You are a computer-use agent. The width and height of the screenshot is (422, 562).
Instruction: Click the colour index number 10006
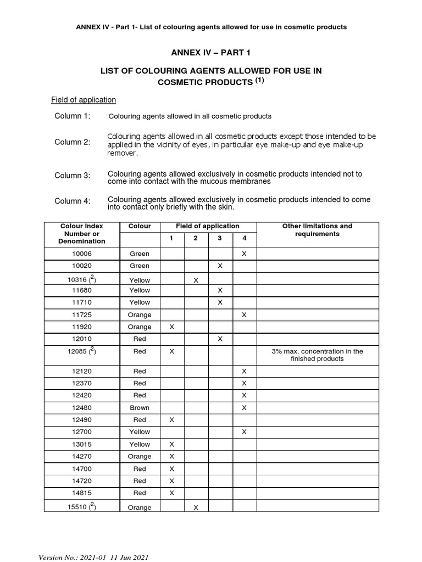pyautogui.click(x=82, y=254)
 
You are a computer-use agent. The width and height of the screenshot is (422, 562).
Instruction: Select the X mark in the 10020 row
pyautogui.click(x=220, y=266)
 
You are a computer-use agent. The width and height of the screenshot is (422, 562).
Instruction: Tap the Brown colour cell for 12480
pyautogui.click(x=139, y=408)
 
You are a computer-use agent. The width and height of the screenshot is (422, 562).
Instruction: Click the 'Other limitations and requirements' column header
pyautogui.click(x=317, y=230)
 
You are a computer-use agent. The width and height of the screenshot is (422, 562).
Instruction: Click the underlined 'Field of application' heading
pyautogui.click(x=84, y=100)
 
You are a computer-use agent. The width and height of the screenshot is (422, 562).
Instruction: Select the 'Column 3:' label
pyautogui.click(x=73, y=176)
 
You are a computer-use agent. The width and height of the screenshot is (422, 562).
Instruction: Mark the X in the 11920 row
pyautogui.click(x=171, y=327)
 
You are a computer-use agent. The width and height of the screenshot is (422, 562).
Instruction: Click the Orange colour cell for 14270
pyautogui.click(x=139, y=457)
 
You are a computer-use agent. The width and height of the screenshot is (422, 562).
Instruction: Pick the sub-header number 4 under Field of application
pyautogui.click(x=244, y=238)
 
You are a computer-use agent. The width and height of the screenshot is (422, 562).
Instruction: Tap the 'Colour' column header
pyautogui.click(x=139, y=226)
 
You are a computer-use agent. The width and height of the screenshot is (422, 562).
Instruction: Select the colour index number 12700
pyautogui.click(x=82, y=432)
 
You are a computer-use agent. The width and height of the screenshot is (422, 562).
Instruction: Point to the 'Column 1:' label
pyautogui.click(x=73, y=116)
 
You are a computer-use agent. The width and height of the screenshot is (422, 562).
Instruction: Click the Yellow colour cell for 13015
pyautogui.click(x=139, y=445)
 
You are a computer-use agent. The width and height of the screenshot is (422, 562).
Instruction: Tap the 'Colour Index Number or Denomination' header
pyautogui.click(x=82, y=233)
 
